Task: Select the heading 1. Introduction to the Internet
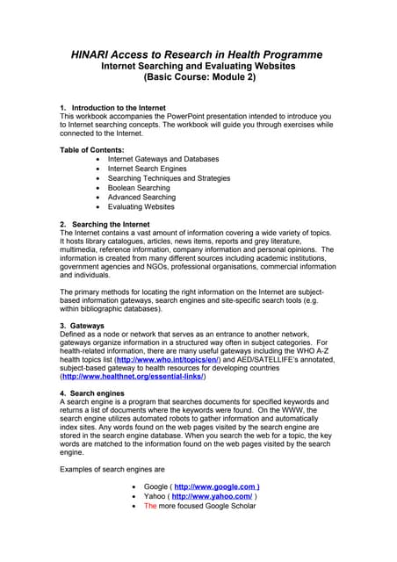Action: (x=118, y=107)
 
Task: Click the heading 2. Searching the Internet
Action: (x=108, y=225)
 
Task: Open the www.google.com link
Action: (x=216, y=486)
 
